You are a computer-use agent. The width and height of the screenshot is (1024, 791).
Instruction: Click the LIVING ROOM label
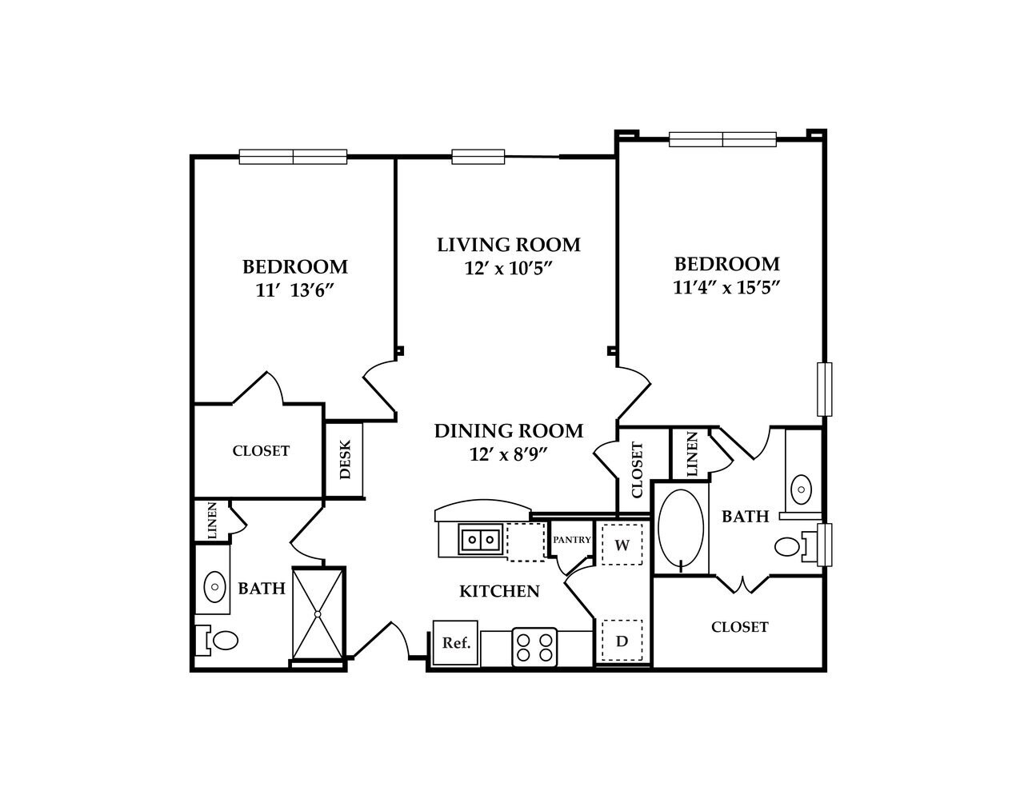(508, 244)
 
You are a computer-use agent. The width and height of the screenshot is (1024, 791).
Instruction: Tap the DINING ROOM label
(508, 430)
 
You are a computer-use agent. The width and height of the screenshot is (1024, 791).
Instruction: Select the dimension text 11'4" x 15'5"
(726, 287)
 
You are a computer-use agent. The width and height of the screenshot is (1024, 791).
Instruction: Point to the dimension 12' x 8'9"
(510, 454)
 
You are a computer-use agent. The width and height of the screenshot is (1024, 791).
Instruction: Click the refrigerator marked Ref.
(455, 642)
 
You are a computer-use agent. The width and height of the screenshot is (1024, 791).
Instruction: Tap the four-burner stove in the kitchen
(534, 646)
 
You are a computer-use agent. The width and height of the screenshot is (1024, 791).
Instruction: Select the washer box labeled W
(622, 545)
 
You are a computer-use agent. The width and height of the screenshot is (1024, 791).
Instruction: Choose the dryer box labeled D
(622, 641)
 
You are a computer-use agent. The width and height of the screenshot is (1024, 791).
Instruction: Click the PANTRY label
(571, 540)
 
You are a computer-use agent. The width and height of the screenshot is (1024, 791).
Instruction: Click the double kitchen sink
(480, 539)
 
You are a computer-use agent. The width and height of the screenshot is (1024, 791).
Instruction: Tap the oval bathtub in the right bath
(680, 530)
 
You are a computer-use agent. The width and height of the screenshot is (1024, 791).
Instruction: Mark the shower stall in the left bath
(318, 613)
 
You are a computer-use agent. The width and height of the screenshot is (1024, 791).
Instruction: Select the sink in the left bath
(214, 586)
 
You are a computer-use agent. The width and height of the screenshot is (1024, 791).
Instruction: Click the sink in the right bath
(801, 486)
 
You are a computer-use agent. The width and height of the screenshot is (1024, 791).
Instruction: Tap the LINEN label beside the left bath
(212, 519)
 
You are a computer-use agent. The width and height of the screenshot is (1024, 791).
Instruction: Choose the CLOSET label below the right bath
(739, 627)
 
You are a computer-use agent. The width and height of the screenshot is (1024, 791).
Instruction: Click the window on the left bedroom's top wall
(293, 157)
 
